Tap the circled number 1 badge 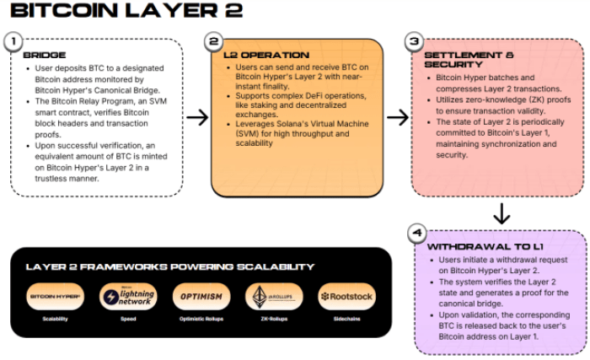point(12,40)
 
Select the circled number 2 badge point(214,40)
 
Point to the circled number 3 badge point(413,40)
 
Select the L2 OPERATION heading point(266,55)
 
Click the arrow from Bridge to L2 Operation point(197,116)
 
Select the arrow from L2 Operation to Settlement point(397,116)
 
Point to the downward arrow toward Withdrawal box point(501,213)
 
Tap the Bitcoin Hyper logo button point(55,297)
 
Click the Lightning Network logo point(128,297)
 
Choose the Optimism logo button point(201,297)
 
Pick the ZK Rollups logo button point(273,297)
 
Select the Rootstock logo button point(346,297)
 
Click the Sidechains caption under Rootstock point(346,320)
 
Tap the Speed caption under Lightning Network point(128,320)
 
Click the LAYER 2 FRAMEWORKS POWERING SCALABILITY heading point(169,266)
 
